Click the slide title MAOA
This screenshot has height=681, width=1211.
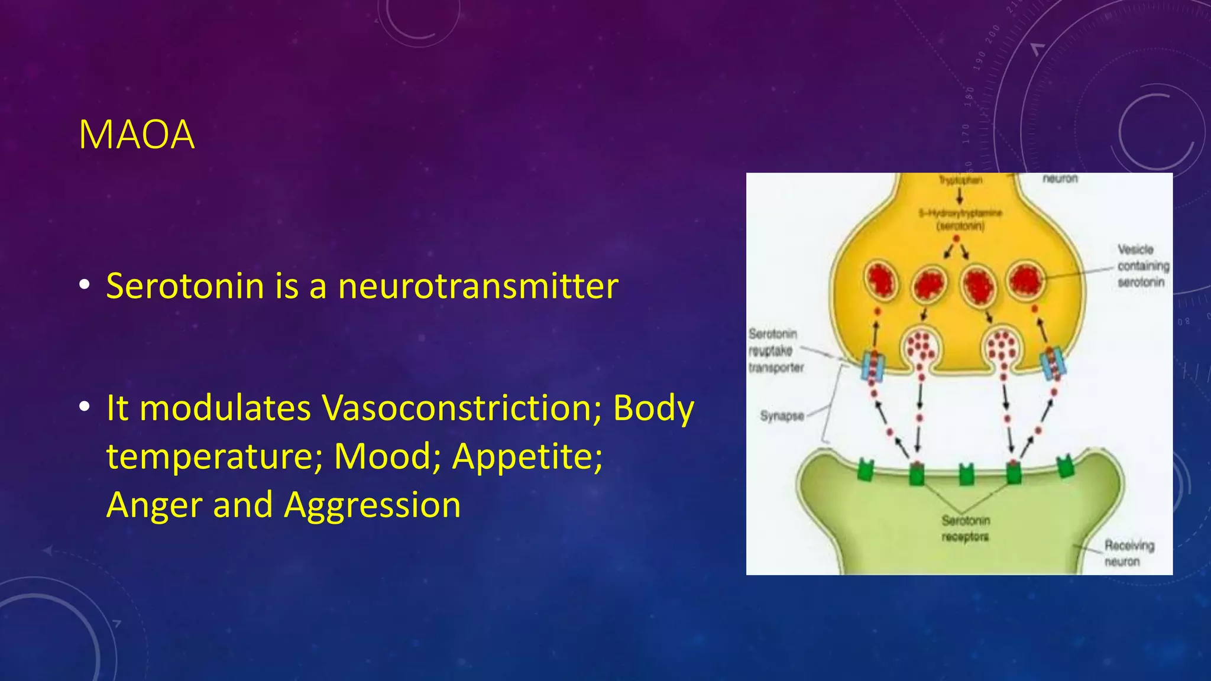click(x=137, y=135)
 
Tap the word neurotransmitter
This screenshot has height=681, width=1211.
click(x=478, y=287)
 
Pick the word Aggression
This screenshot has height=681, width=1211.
click(x=372, y=506)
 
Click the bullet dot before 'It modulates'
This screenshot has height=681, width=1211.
click(x=85, y=407)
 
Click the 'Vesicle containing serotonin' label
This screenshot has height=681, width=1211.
click(x=1142, y=266)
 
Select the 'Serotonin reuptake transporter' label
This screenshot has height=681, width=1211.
click(x=775, y=351)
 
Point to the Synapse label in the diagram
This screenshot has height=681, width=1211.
click(x=782, y=416)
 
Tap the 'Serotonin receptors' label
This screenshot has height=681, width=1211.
click(x=965, y=528)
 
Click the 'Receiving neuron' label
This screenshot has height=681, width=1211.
click(x=1128, y=553)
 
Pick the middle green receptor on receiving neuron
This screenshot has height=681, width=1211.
click(x=966, y=474)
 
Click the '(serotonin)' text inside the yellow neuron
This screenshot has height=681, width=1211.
click(x=960, y=226)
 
